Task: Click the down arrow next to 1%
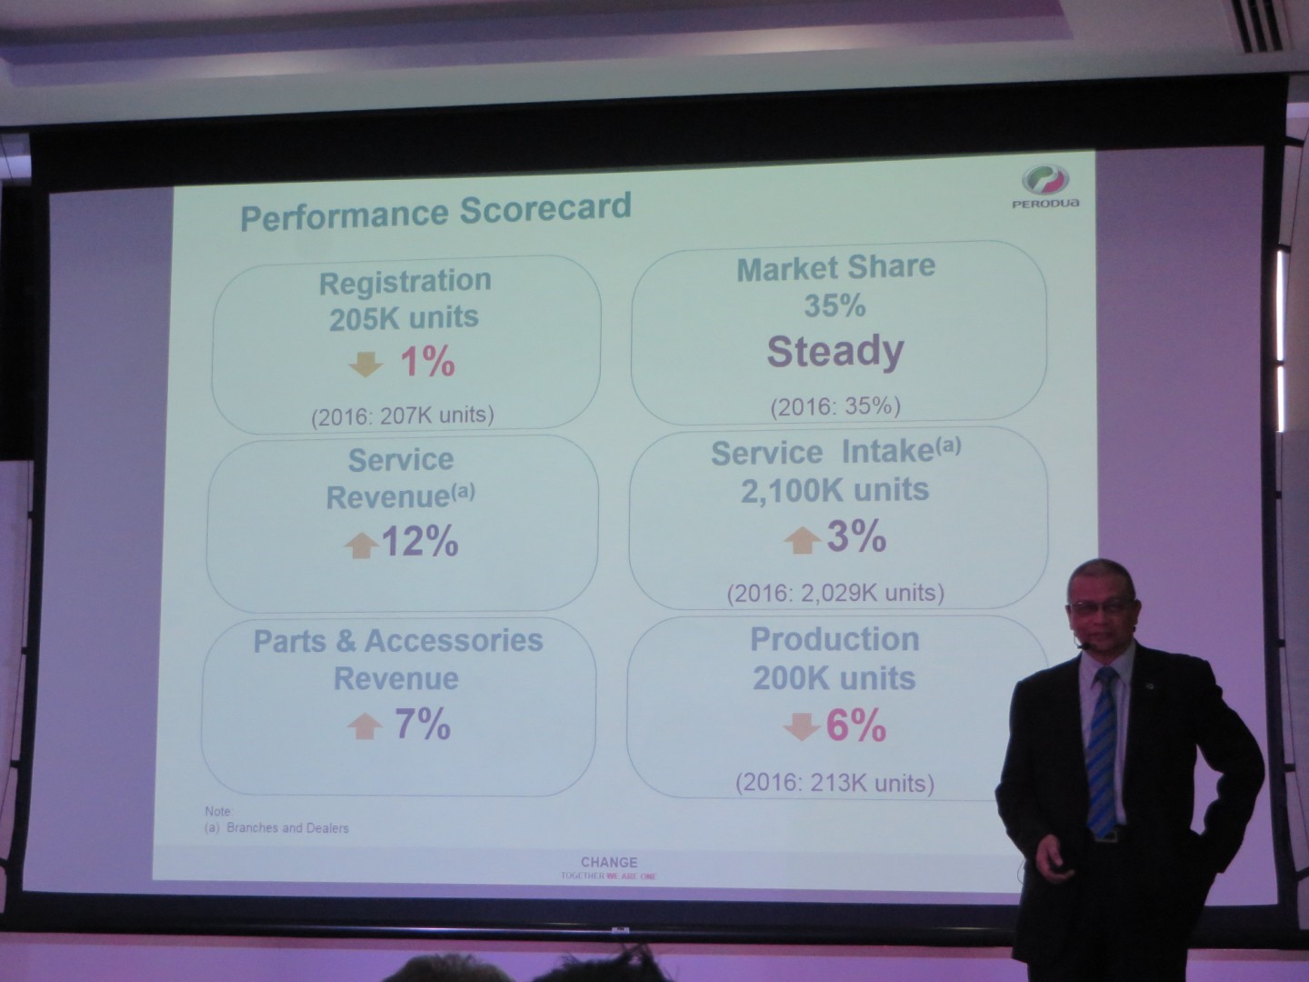(365, 364)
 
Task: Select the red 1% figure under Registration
(427, 362)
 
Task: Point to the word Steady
(834, 351)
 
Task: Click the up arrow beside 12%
(361, 545)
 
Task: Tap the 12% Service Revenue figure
(420, 542)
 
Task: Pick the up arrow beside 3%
(802, 540)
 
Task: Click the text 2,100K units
(834, 490)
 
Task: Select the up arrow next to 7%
(365, 726)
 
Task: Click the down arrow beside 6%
(802, 727)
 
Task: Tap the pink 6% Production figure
(855, 726)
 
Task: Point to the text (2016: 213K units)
(834, 782)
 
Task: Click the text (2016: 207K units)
(402, 416)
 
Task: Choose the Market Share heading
(834, 267)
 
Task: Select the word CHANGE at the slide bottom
(609, 861)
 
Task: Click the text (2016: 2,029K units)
(834, 594)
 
